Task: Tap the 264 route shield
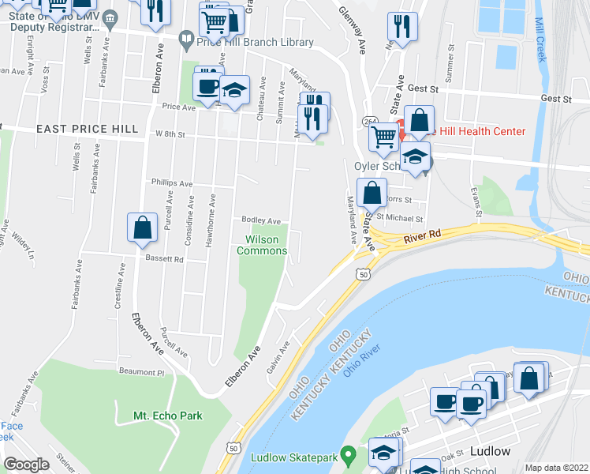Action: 370,120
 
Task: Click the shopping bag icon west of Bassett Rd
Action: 141,228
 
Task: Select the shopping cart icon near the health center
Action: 384,137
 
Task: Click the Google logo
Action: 26,465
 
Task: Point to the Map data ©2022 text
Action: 556,468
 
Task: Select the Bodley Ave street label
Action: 261,220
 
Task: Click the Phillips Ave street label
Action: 172,183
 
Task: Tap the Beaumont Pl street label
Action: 140,371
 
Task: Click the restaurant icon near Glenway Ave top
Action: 402,28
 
